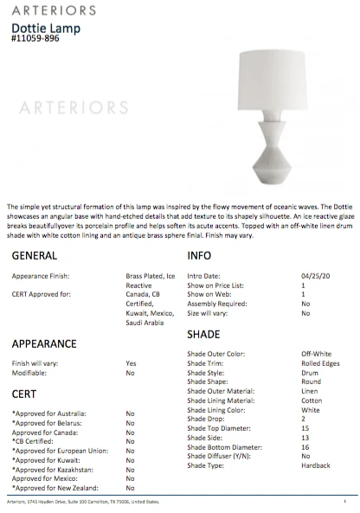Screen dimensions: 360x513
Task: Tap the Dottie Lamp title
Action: coord(39,27)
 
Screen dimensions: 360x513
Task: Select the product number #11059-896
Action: coord(37,38)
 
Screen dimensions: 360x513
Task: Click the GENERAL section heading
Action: coord(35,256)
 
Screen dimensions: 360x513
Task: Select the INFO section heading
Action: coord(200,256)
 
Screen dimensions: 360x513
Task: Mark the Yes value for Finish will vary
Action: coord(131,363)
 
